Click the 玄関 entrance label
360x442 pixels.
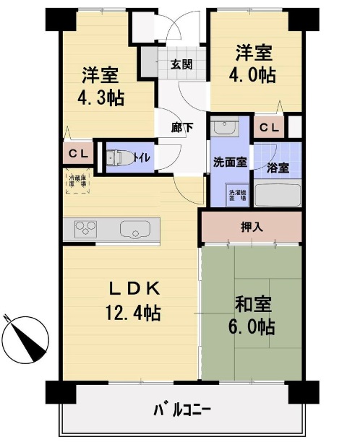coord(181,64)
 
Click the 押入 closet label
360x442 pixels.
coord(251,227)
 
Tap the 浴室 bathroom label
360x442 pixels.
coord(278,168)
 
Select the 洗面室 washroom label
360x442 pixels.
coord(230,162)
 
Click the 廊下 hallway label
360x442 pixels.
coord(182,128)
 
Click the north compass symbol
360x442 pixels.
coord(26,338)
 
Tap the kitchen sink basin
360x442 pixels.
coord(133,231)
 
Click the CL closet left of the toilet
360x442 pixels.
coord(77,154)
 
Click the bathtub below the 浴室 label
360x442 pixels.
coord(278,196)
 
